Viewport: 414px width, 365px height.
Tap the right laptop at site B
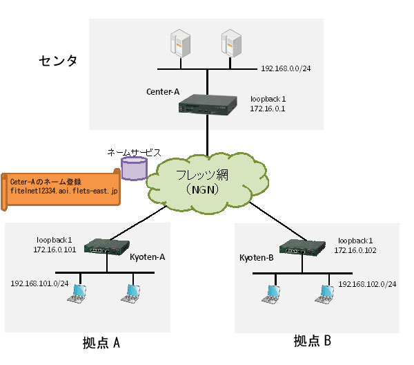[x=324, y=297]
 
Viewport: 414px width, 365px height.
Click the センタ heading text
[x=57, y=62]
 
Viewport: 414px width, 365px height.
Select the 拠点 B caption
[x=312, y=341]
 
